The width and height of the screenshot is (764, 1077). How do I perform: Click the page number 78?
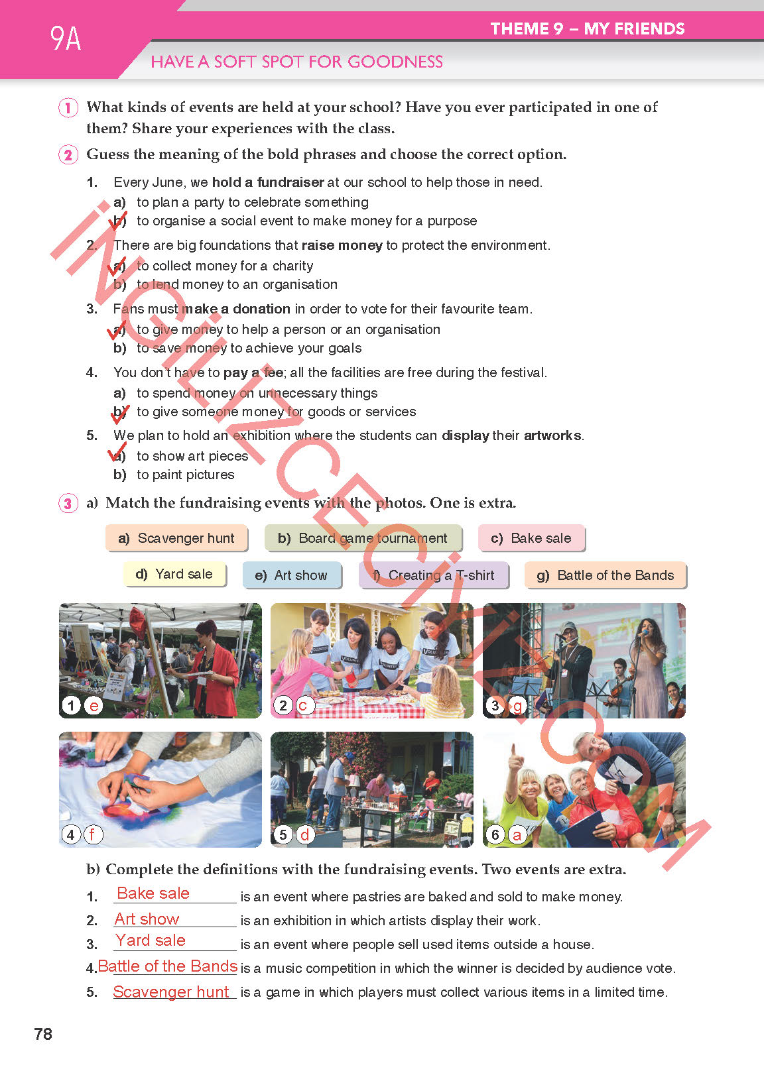pyautogui.click(x=43, y=1034)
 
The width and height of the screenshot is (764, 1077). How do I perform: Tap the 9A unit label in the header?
pyautogui.click(x=66, y=38)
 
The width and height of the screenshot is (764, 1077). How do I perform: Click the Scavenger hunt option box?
pyautogui.click(x=176, y=538)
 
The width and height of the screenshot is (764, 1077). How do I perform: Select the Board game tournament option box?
pyautogui.click(x=363, y=538)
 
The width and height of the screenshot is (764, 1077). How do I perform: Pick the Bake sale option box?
pyautogui.click(x=531, y=538)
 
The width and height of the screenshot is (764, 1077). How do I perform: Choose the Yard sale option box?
pyautogui.click(x=174, y=574)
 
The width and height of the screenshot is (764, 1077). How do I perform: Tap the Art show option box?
pyautogui.click(x=292, y=575)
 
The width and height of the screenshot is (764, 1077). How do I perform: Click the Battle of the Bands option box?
pyautogui.click(x=605, y=575)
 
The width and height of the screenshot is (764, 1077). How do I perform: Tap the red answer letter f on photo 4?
pyautogui.click(x=93, y=834)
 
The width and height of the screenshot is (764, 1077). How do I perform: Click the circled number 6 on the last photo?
pyautogui.click(x=495, y=834)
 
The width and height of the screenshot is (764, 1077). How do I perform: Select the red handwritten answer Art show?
pyautogui.click(x=147, y=919)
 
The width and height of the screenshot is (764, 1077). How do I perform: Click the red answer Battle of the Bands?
pyautogui.click(x=168, y=966)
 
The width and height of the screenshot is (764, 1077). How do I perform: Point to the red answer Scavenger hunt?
pyautogui.click(x=171, y=992)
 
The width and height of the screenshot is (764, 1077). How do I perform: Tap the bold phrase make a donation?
pyautogui.click(x=236, y=309)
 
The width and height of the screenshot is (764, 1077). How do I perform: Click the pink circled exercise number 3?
pyautogui.click(x=68, y=503)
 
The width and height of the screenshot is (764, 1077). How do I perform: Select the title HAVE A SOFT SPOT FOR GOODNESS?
pyautogui.click(x=296, y=62)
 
